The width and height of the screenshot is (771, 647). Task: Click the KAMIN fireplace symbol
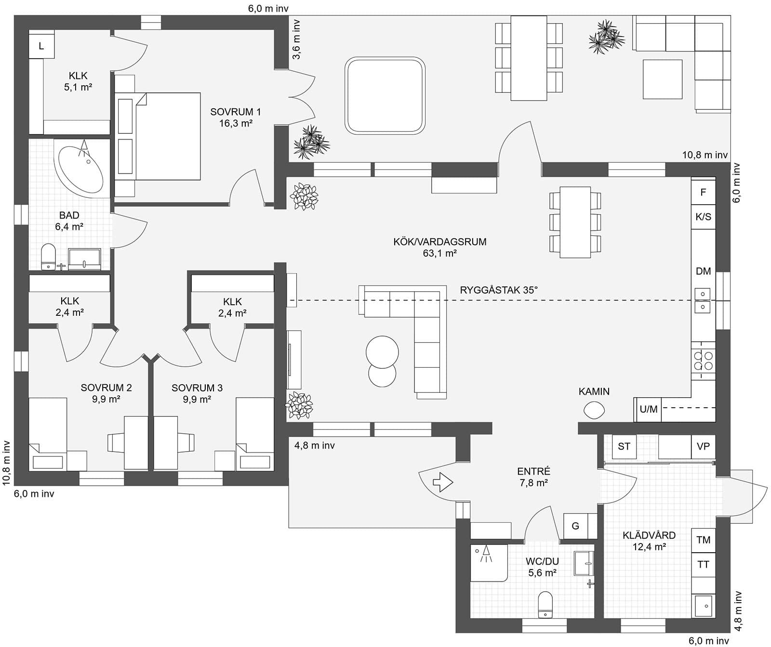594,410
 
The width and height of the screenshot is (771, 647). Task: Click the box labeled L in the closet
41,46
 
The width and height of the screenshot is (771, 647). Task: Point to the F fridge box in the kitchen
703,193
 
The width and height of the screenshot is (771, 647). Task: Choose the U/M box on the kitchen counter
648,409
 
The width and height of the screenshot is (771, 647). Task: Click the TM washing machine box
703,540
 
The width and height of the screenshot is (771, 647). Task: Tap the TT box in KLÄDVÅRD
703,564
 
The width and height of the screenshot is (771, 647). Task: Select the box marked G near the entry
575,526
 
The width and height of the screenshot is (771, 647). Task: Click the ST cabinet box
624,446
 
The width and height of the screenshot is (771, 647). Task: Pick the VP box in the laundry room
703,446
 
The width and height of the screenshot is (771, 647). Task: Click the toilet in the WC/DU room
545,605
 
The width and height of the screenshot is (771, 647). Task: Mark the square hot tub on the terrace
385,96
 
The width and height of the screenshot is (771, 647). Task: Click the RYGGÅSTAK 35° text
499,290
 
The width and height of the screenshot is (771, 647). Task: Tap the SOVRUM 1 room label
236,112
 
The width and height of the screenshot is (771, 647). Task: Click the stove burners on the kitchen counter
703,361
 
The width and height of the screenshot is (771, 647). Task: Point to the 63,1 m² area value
439,254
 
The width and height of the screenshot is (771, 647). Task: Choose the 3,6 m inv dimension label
297,39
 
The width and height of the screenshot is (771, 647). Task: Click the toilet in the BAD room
49,256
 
